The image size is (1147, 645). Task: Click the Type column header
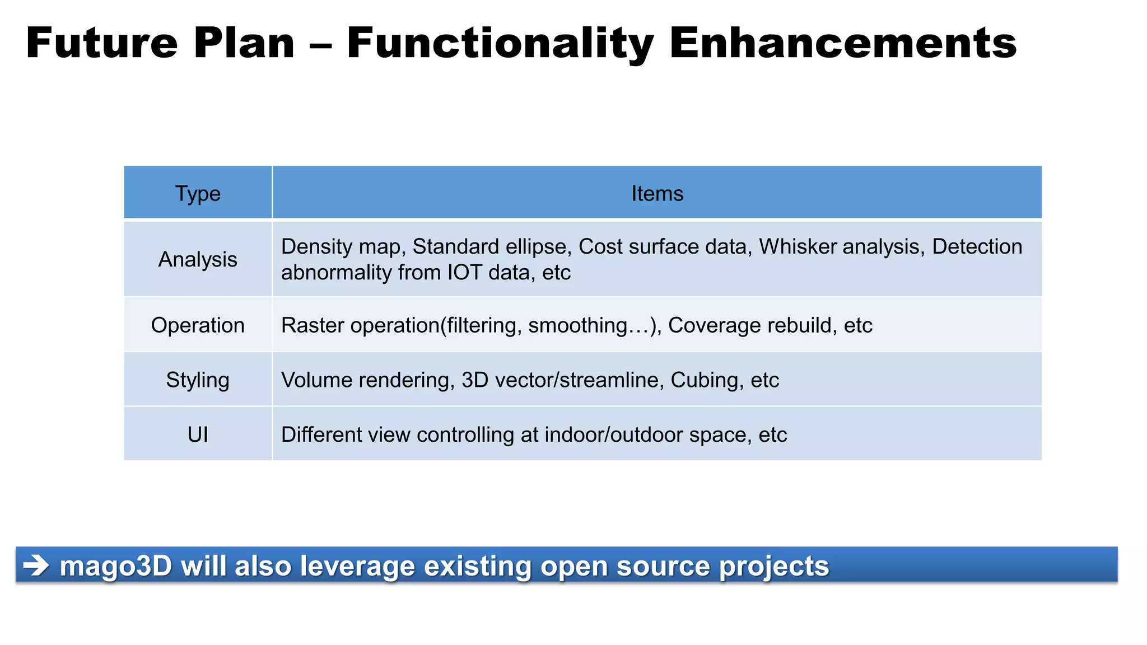point(198,194)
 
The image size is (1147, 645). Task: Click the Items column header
point(657,194)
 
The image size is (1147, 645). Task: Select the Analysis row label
point(198,259)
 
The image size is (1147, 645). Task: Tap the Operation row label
point(198,325)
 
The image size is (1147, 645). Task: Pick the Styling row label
point(198,380)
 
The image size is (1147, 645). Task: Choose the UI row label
point(198,434)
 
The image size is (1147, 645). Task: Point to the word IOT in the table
point(464,273)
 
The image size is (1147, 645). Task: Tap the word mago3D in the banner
point(115,566)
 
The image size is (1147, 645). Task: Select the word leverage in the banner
point(358,566)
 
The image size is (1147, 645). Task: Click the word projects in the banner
point(773,566)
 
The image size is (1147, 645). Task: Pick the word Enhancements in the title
point(842,43)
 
